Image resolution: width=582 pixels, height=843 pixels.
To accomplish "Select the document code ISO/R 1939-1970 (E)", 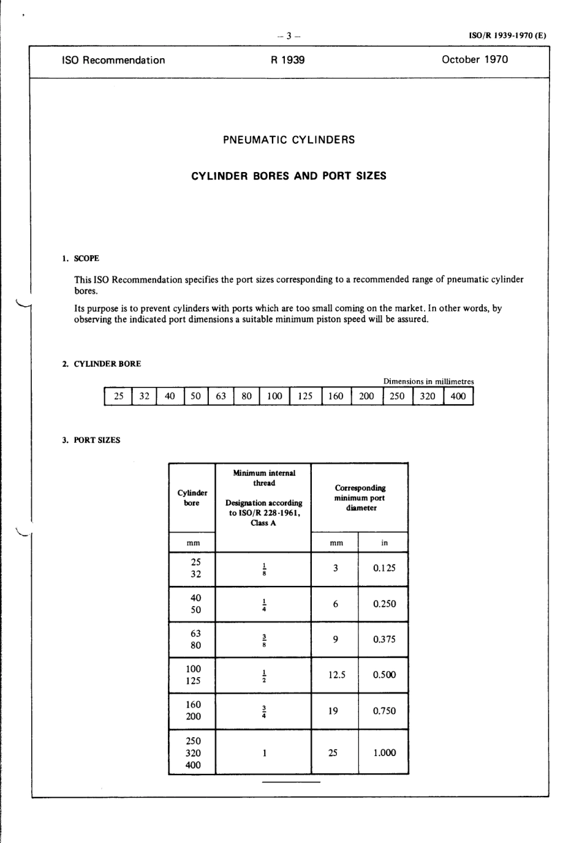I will pos(507,36).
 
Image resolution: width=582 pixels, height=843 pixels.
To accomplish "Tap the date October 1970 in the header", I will pos(475,59).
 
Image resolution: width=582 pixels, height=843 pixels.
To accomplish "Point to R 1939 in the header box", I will pos(288,60).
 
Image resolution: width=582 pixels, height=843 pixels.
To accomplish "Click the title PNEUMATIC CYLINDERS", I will pos(289,140).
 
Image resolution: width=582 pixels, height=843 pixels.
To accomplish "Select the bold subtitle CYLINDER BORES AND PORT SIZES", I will pos(289,176).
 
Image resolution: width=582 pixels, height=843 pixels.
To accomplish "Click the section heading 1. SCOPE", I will pos(80,258).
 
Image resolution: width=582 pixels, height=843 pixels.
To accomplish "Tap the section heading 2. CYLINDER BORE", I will pos(101,364).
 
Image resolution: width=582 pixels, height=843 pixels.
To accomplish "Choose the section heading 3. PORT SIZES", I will pos(91,440).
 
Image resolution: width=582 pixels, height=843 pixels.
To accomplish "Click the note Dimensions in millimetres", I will pos(428,381).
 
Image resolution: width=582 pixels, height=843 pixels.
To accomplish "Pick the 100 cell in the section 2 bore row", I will pos(274,396).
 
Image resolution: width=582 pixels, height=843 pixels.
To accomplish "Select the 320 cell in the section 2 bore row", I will pos(428,396).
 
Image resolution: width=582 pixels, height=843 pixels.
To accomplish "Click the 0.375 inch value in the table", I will pos(384,639).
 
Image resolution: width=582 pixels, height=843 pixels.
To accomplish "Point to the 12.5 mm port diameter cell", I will pos(336,675).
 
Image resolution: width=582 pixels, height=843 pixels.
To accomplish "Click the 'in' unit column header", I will pos(384,542).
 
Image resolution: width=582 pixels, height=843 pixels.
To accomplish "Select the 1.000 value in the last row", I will pos(384,752).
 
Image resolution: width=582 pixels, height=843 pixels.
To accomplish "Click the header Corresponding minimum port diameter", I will pos(360,498).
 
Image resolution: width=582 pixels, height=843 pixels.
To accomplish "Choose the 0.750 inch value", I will pos(384,711).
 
